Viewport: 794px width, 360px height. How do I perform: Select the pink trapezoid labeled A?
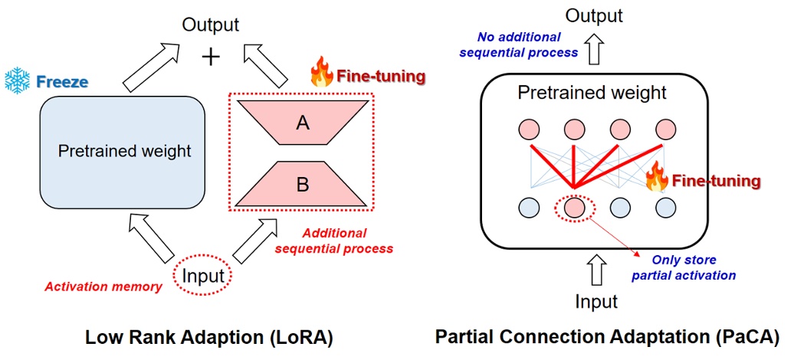point(303,123)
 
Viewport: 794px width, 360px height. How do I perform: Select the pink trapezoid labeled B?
point(303,184)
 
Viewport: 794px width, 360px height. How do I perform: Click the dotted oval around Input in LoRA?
point(203,276)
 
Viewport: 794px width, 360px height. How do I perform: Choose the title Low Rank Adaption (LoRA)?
point(208,336)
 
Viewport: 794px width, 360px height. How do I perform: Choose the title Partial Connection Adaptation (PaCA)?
point(607,336)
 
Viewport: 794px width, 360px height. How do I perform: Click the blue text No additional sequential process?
point(527,44)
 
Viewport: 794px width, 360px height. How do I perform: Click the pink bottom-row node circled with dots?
point(573,208)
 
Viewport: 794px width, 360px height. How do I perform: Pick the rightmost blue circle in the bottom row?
point(664,208)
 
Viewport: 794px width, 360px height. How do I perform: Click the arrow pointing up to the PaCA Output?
point(594,51)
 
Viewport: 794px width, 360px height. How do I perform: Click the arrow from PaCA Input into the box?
point(594,270)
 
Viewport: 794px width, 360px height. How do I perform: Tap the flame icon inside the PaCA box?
point(657,177)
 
